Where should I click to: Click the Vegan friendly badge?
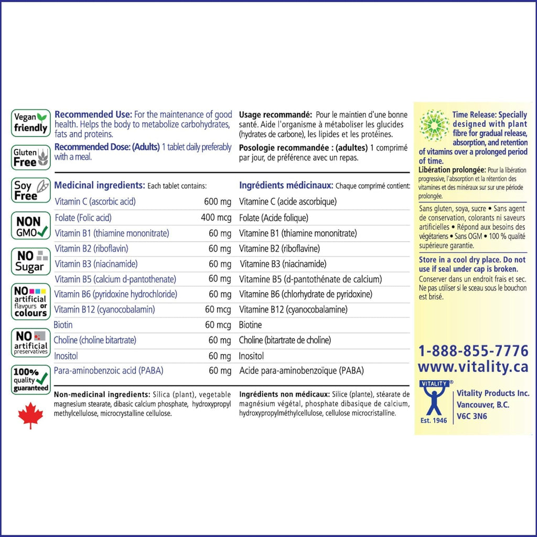[x=30, y=123]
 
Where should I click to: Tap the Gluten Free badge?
[x=30, y=157]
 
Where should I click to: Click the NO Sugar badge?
[x=30, y=261]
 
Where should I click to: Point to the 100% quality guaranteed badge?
[x=30, y=380]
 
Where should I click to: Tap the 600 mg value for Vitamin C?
[x=217, y=202]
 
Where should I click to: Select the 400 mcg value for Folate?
[x=216, y=218]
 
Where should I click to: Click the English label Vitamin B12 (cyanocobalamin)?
[x=105, y=309]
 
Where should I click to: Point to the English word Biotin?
[x=63, y=325]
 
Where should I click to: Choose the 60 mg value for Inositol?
[x=220, y=356]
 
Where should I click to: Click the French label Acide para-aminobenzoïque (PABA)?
[x=301, y=371]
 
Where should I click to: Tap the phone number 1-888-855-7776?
[x=473, y=351]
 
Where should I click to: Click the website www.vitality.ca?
[x=473, y=367]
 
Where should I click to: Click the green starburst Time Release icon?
[x=434, y=127]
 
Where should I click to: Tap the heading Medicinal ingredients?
[x=100, y=186]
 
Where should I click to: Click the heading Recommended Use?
[x=93, y=115]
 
